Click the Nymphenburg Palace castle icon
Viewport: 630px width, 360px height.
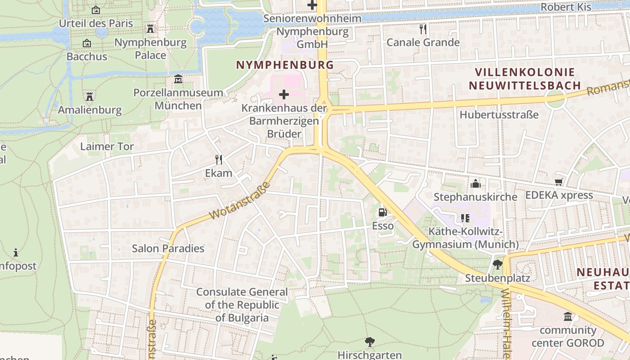click(150, 29)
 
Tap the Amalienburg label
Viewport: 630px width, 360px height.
click(90, 110)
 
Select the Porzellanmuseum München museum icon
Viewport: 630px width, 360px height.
click(178, 79)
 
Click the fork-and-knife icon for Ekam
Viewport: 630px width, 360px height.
click(219, 160)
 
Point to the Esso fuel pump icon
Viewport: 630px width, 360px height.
click(382, 212)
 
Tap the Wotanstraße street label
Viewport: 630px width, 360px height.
click(239, 201)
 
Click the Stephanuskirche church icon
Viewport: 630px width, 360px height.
click(476, 184)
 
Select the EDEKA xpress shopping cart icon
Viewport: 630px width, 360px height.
click(558, 182)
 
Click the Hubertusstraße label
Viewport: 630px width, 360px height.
click(499, 115)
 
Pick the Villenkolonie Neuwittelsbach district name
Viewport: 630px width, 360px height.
click(525, 79)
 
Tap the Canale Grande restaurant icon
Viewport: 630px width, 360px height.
click(423, 29)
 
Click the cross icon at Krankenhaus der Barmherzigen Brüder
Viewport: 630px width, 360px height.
click(284, 95)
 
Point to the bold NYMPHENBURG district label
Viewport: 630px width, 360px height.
click(285, 65)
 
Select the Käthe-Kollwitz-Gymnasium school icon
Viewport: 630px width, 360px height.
click(465, 219)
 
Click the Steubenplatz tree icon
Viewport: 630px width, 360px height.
click(497, 265)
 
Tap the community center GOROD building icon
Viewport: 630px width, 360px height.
click(568, 317)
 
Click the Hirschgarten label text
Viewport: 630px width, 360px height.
click(369, 355)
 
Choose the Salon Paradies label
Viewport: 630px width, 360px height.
click(168, 248)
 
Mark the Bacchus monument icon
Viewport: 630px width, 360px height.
click(87, 44)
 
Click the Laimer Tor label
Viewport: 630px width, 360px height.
click(107, 147)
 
